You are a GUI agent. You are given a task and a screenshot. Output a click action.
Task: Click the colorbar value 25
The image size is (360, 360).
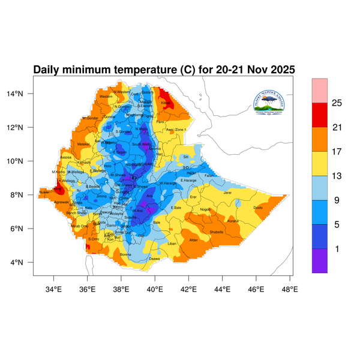pos(337,103)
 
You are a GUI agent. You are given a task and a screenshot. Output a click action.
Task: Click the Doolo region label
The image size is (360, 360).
pos(258,208)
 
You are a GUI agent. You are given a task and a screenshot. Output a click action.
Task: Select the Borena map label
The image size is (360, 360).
pos(125,254)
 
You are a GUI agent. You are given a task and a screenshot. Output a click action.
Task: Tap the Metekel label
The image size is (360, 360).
pos(83,144)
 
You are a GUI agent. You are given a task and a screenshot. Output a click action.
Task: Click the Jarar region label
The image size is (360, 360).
pos(227,193)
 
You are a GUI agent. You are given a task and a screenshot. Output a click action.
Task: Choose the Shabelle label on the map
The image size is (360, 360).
pos(216,232)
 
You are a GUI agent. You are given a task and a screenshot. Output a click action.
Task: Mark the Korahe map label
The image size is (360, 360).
pos(233,221)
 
